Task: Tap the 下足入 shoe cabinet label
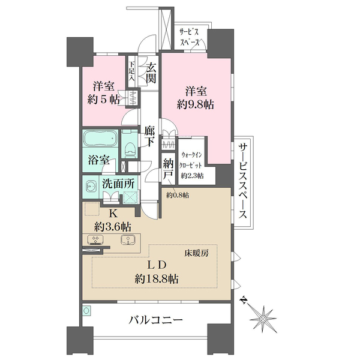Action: point(132,70)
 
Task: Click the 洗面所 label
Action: point(118,185)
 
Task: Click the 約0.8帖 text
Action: point(178,195)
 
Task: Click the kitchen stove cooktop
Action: point(95,240)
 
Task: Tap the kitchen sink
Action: point(127,240)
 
